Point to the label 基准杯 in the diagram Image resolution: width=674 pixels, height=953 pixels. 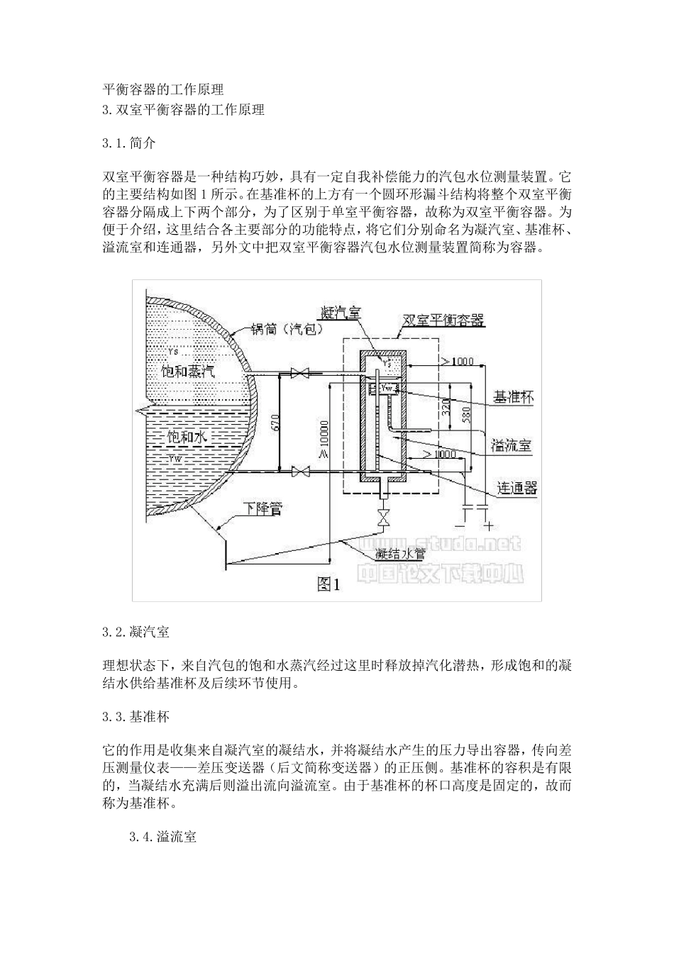coord(513,398)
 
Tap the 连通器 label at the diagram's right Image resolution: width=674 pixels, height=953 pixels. coord(516,488)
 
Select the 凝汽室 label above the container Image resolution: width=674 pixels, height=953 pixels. coord(342,313)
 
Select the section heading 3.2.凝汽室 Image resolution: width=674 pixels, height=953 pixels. coord(136,631)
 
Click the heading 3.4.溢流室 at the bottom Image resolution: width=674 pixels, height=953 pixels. coord(162,837)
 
